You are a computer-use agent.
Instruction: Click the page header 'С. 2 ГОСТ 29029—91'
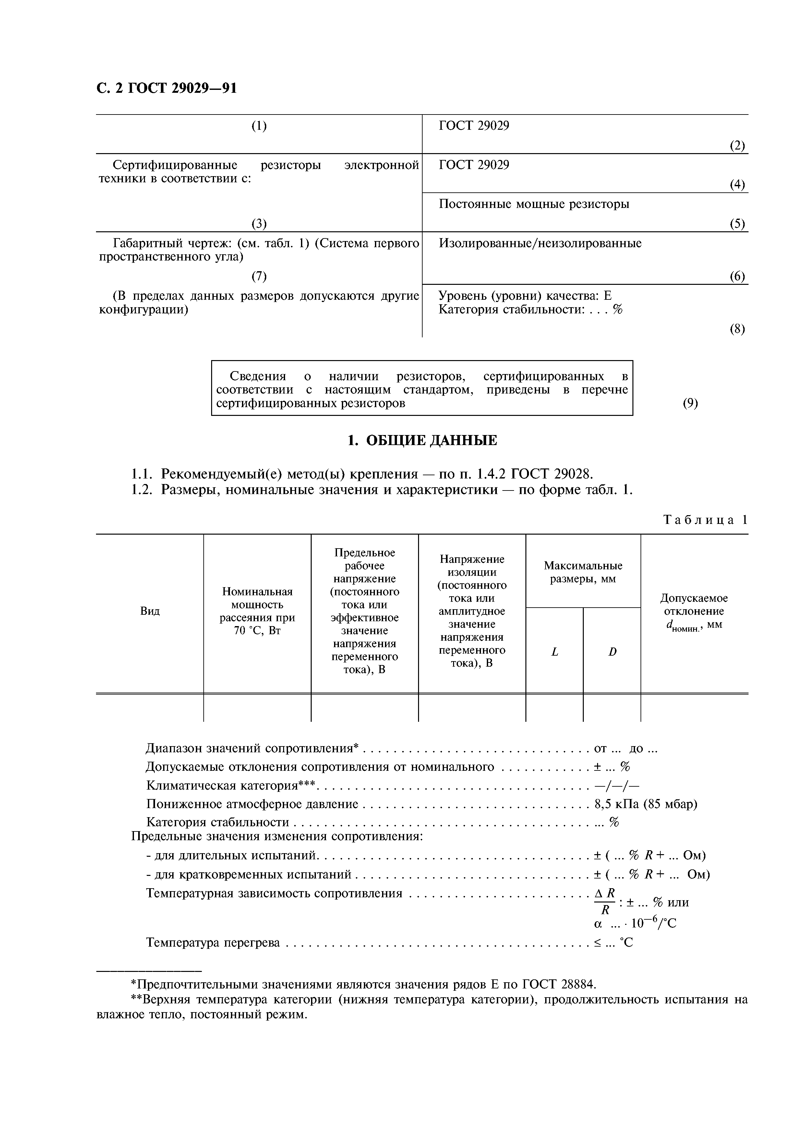pos(166,88)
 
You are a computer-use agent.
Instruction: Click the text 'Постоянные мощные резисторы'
pos(534,204)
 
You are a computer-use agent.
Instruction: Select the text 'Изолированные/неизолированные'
pos(540,243)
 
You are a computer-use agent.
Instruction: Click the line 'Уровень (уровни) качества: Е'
pos(525,296)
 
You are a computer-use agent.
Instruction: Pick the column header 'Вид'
pos(150,611)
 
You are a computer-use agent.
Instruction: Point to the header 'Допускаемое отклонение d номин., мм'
pos(694,611)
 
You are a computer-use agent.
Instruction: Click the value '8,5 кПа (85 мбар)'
pos(645,804)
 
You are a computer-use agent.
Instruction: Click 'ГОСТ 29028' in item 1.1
pos(551,474)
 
